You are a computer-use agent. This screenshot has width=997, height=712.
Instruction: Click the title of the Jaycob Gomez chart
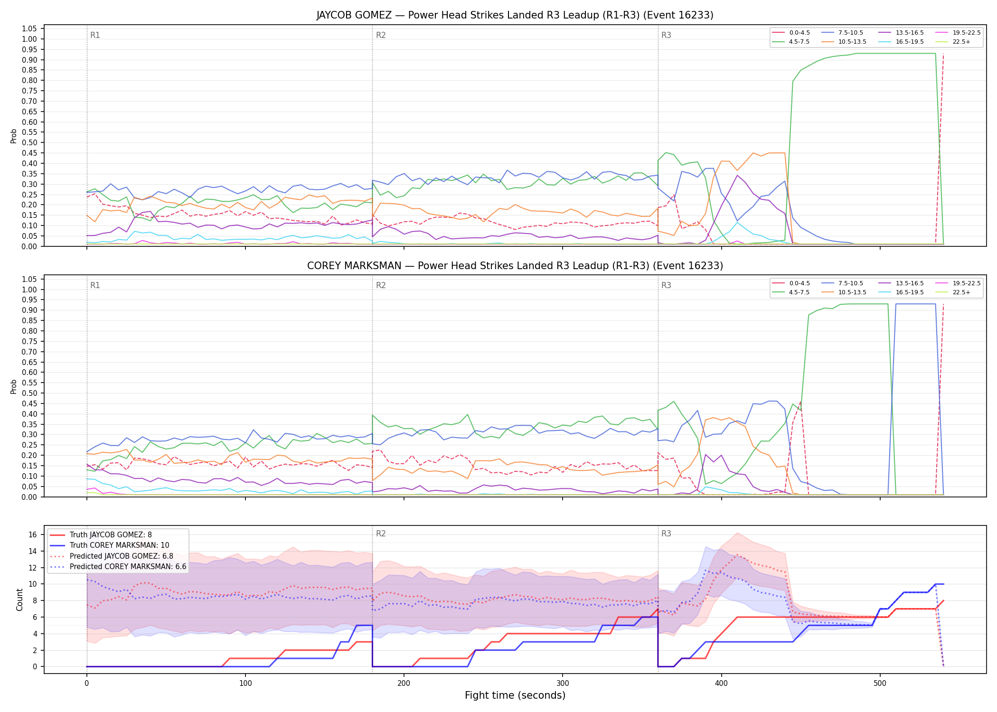coord(515,15)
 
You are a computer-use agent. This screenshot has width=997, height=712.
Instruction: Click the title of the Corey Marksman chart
coord(515,266)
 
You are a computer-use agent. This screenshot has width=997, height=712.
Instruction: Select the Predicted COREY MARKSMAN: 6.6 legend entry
coord(118,567)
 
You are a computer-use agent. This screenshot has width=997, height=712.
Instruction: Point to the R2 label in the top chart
coord(381,35)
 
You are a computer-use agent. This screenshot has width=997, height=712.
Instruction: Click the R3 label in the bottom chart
coord(666,534)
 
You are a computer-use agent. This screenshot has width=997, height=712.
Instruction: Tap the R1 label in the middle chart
coord(95,285)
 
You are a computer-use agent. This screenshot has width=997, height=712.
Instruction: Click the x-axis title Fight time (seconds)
coord(515,695)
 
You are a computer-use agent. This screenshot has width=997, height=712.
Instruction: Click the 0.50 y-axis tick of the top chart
coord(29,142)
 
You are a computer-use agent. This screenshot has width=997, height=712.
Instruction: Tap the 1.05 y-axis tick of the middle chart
coord(29,279)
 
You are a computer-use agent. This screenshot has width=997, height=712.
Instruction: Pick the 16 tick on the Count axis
coord(33,534)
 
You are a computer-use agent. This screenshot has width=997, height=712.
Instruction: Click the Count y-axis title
coord(19,600)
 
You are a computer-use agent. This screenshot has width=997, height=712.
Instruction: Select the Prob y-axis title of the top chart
coord(14,136)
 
